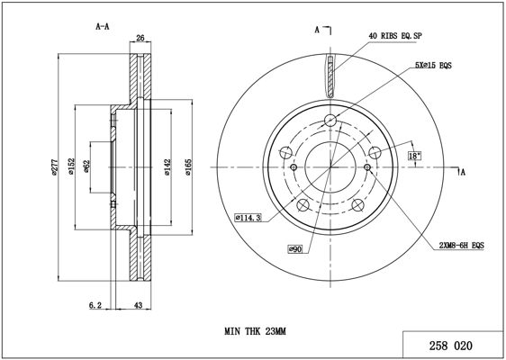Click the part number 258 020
(x=450, y=346)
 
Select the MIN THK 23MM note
(x=256, y=331)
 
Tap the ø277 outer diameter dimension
(x=54, y=167)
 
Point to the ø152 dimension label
(x=71, y=166)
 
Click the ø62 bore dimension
(x=86, y=166)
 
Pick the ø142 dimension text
(x=167, y=167)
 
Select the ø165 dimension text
(x=188, y=167)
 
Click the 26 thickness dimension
(x=140, y=38)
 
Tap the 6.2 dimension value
(x=95, y=305)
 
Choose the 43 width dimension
(x=138, y=305)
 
